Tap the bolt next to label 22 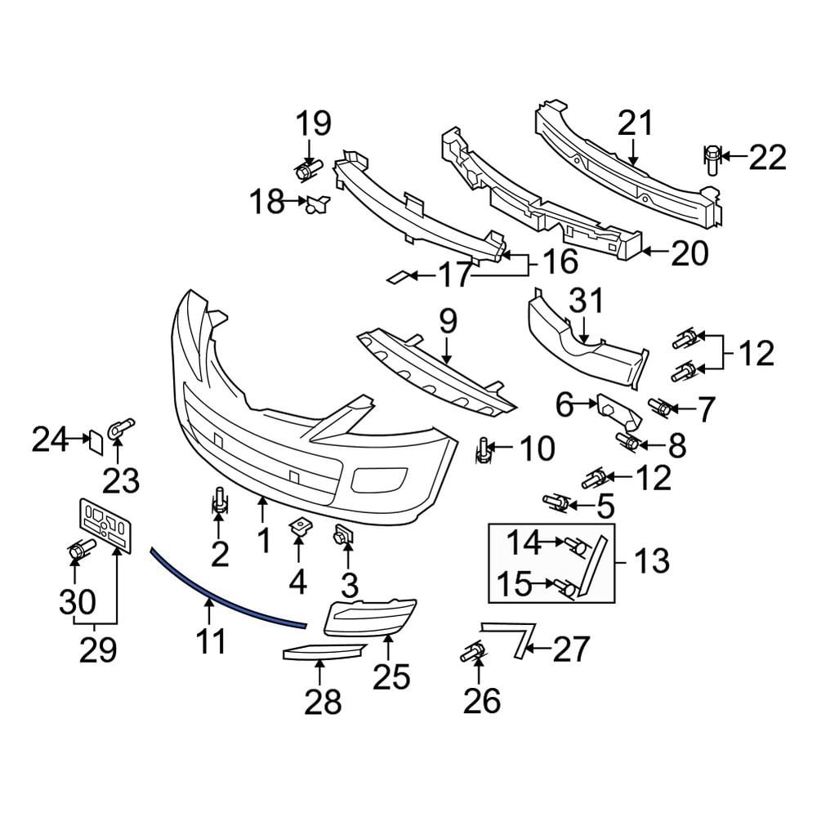pos(712,158)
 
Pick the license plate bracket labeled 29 pos(105,524)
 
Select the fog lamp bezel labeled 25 pos(372,617)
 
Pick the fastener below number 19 pos(308,172)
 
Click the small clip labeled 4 pos(298,529)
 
